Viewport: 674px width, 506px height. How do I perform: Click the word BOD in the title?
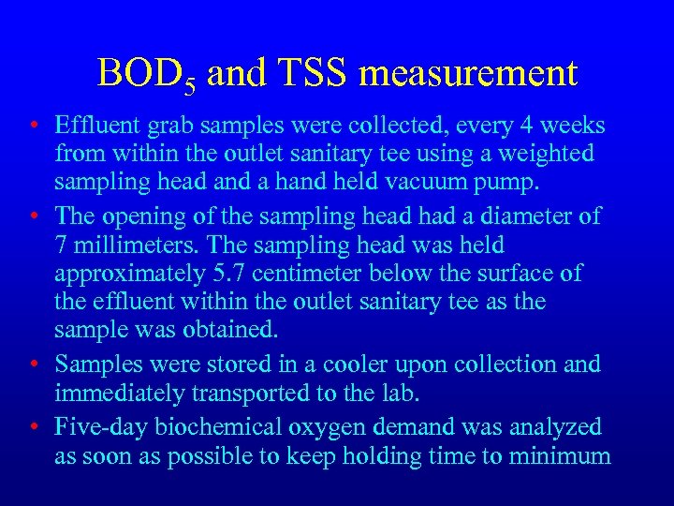pos(139,73)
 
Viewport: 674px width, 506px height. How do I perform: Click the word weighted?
pos(540,153)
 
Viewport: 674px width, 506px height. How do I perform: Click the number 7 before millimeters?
pos(62,246)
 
